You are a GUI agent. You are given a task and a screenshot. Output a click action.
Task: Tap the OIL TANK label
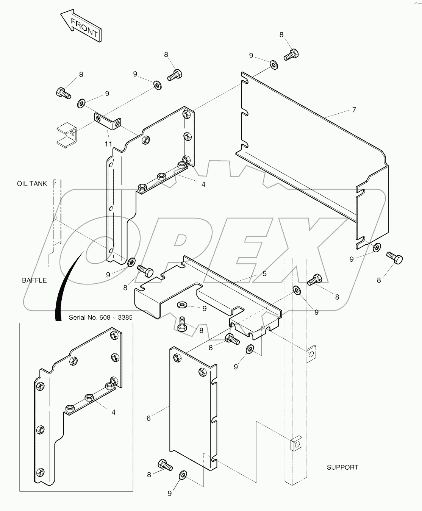32,184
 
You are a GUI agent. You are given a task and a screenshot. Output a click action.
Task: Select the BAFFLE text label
34,280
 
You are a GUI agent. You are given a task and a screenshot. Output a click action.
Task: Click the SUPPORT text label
342,467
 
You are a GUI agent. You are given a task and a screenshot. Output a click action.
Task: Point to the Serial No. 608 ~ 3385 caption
101,317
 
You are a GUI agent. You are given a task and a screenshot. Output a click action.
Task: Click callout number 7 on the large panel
354,110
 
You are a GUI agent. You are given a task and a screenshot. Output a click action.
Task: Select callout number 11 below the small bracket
109,144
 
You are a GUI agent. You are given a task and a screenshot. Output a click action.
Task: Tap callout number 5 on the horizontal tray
264,273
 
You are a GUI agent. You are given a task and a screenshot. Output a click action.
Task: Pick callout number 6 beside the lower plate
148,418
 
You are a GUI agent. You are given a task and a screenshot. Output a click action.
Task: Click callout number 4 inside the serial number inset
113,413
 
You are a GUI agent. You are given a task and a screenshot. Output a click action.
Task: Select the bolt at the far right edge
394,259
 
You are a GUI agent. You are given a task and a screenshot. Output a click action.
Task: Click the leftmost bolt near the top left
63,93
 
